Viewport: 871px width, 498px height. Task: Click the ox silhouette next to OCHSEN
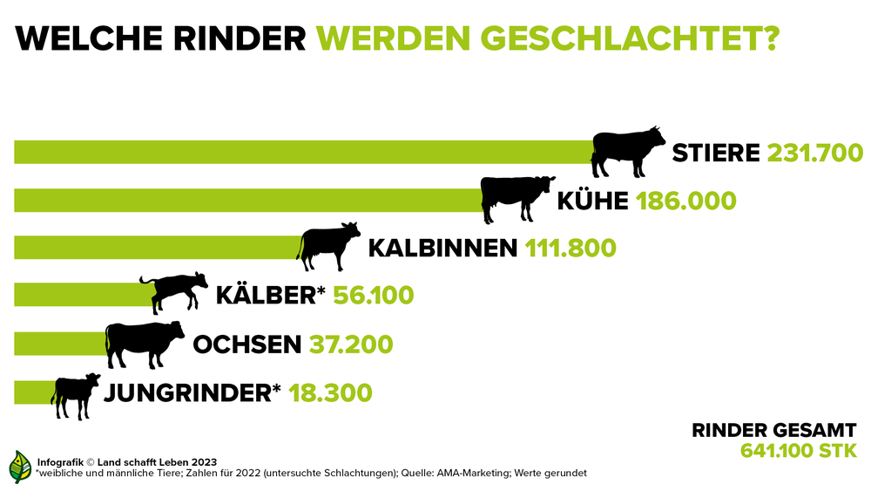click(143, 342)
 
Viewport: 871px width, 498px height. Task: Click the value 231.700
click(815, 153)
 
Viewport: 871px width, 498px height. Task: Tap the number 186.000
click(685, 201)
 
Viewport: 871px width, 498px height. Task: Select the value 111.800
click(571, 248)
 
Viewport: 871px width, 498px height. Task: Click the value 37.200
click(351, 344)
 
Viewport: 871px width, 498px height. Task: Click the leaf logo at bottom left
click(19, 467)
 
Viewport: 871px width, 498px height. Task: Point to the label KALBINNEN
click(443, 248)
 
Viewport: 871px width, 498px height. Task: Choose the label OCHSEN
click(247, 344)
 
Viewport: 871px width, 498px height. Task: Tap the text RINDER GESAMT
click(774, 431)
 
